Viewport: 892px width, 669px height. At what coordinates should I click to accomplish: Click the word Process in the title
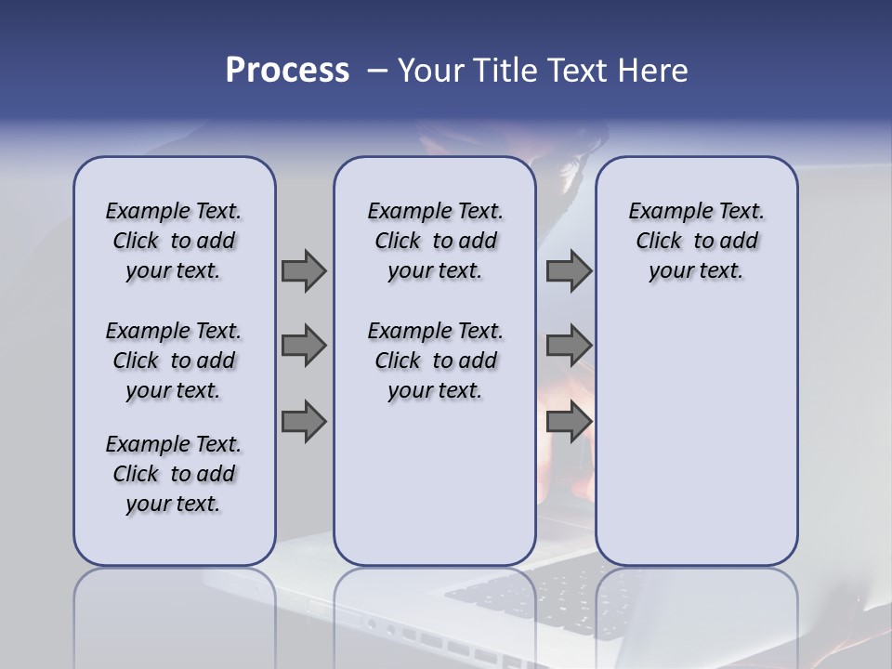(x=287, y=71)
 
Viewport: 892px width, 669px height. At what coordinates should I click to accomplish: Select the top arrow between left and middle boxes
(x=304, y=270)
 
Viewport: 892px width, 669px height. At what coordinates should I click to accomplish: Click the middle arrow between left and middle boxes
(x=304, y=346)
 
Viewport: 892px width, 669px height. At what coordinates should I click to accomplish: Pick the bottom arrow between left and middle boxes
(x=304, y=422)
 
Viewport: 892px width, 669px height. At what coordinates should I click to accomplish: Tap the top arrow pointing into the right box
(x=569, y=270)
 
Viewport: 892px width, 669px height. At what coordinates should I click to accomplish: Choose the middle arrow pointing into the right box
(x=569, y=346)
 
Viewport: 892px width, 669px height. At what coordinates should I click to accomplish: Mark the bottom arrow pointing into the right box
(x=569, y=422)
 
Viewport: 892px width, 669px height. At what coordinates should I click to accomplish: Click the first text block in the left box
(x=174, y=241)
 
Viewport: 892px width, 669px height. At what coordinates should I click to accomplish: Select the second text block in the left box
(x=174, y=361)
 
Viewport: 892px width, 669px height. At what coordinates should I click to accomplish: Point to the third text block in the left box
(x=174, y=474)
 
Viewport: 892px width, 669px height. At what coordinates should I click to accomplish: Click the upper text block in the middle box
(x=435, y=241)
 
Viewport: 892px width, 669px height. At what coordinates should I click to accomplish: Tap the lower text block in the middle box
(x=435, y=361)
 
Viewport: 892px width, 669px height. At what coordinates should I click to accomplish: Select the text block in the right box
(x=696, y=241)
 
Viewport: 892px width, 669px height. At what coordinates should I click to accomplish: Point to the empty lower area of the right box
(x=696, y=446)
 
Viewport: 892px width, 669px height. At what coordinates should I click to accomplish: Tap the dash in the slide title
(x=377, y=71)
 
